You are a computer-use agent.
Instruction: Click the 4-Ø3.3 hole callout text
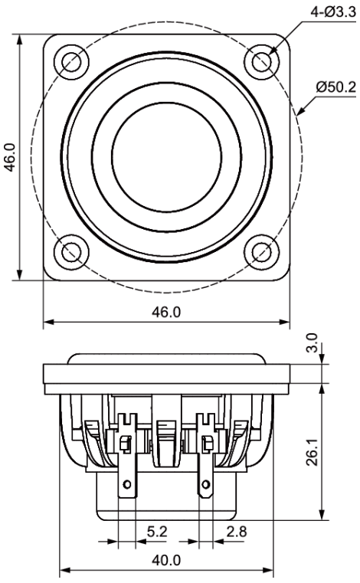[x=333, y=13]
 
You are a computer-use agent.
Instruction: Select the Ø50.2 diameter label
[x=335, y=88]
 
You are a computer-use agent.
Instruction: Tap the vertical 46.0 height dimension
[x=10, y=157]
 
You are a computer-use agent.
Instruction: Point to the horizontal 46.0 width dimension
[x=166, y=312]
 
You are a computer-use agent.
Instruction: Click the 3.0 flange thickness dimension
[x=313, y=342]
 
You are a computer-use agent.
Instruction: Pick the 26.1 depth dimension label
[x=313, y=451]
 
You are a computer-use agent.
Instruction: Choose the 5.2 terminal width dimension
[x=157, y=532]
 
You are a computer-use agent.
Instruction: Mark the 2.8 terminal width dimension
[x=237, y=532]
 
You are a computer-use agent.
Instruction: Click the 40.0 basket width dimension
[x=166, y=560]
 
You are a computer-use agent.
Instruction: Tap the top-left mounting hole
[x=71, y=62]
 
